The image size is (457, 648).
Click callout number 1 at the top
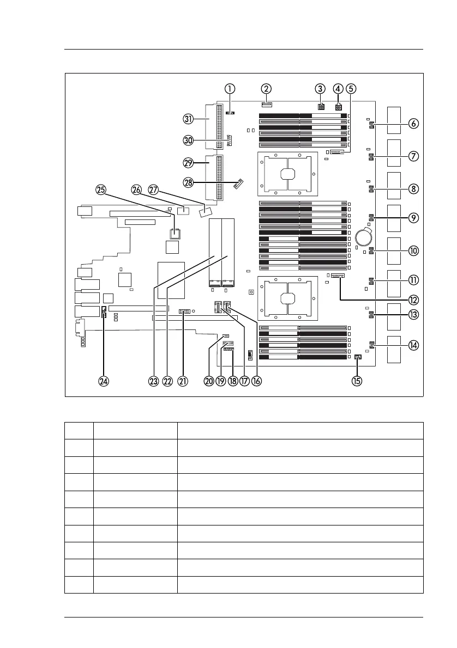click(231, 88)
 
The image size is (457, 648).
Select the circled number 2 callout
click(266, 88)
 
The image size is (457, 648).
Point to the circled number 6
click(413, 124)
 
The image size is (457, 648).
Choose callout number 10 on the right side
click(413, 250)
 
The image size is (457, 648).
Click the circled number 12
click(413, 299)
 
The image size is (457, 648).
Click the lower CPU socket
click(287, 298)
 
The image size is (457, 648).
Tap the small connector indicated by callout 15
click(358, 357)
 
